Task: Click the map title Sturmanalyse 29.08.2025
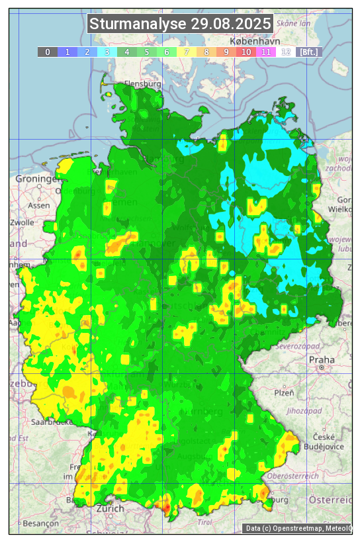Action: [x=180, y=24]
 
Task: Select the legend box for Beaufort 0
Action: [x=48, y=52]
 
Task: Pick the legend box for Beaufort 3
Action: [x=107, y=52]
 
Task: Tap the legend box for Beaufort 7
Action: [x=187, y=52]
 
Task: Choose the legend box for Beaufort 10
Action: [x=246, y=52]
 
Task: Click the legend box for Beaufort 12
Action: [x=286, y=52]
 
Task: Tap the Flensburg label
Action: [x=142, y=85]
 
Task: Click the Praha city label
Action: [x=322, y=359]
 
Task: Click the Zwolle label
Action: [x=22, y=222]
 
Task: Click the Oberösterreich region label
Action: [x=293, y=475]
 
